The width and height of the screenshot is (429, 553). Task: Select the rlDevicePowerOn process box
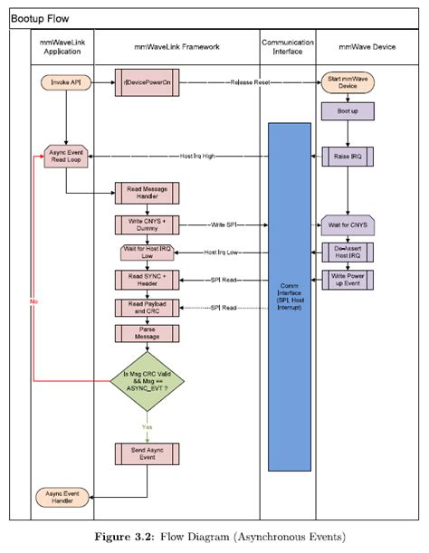tap(146, 82)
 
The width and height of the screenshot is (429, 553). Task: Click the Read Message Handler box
tap(146, 193)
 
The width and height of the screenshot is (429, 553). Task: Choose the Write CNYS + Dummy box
tap(146, 224)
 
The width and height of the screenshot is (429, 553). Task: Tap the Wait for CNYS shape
tap(347, 224)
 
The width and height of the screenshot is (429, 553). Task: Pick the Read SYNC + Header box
tap(146, 280)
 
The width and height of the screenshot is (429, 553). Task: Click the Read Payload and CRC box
tap(146, 308)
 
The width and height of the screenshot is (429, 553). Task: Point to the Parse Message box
tap(146, 333)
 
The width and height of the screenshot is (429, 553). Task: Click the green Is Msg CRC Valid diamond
tap(146, 379)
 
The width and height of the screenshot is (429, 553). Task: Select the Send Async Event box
tap(146, 454)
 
